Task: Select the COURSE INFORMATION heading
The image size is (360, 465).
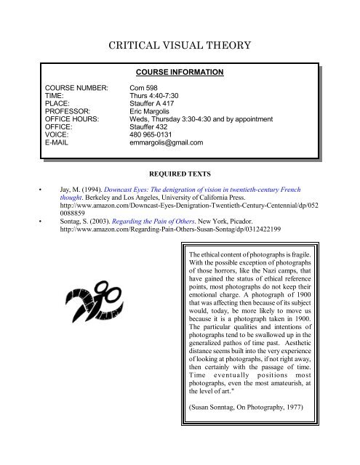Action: (x=180, y=73)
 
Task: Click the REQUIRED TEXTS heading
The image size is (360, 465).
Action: (x=180, y=175)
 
